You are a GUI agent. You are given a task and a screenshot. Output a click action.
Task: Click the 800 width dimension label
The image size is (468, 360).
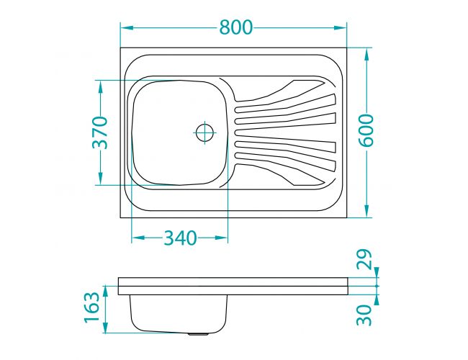tap(236, 27)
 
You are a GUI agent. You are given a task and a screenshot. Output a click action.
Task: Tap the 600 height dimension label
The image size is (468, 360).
tap(366, 131)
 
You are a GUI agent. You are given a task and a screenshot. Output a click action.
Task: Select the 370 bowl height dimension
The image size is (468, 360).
tap(99, 132)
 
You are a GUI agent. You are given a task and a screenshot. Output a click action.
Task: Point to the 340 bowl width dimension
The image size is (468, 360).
tap(180, 238)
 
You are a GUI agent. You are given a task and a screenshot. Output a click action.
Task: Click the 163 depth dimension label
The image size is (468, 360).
tap(91, 307)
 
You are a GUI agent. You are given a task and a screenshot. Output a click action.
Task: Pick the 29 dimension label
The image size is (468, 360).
tap(364, 259)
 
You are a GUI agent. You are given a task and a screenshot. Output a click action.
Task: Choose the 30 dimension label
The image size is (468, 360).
tap(364, 315)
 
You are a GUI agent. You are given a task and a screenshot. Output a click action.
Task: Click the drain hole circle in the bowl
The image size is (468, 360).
tap(204, 132)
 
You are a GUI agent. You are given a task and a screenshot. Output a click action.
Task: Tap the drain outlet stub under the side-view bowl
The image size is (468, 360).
tap(198, 334)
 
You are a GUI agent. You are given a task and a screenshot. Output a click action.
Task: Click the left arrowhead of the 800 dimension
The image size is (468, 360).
tap(127, 28)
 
